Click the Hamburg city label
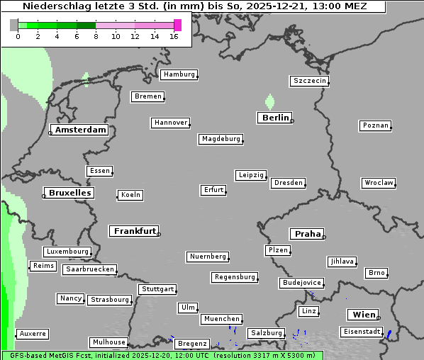(179, 74)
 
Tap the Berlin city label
(275, 118)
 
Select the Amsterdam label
(81, 130)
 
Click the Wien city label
(364, 315)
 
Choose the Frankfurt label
(135, 231)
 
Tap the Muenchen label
(221, 320)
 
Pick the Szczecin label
(309, 81)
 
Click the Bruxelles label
(69, 193)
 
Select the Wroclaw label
(378, 183)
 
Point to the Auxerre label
(33, 333)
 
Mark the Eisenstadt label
(362, 332)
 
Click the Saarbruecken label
(89, 269)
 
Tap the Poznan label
(375, 125)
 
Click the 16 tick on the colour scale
(174, 36)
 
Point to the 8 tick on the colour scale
(96, 36)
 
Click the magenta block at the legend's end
(177, 25)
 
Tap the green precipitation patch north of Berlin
(269, 101)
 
